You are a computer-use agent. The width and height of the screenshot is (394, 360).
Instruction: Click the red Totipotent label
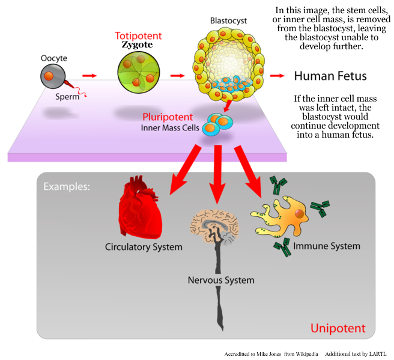[135, 36]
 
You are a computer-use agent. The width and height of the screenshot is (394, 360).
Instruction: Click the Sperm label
[67, 96]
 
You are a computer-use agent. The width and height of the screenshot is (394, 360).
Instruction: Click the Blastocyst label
[228, 20]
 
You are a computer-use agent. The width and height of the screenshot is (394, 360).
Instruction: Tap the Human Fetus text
[330, 76]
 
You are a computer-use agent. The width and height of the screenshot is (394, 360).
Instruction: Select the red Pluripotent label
[168, 117]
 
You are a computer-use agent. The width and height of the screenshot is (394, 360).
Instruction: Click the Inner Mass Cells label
[170, 127]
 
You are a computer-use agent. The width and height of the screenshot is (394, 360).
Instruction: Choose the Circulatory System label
[144, 247]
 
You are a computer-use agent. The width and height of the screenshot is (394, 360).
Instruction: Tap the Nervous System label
[221, 280]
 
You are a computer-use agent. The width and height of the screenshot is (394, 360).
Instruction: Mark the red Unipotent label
[338, 328]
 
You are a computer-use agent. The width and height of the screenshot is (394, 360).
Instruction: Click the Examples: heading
[67, 186]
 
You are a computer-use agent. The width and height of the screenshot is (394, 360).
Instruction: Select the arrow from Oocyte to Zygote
[89, 76]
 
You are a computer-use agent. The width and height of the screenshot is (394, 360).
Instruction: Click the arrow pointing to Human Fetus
[277, 76]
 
